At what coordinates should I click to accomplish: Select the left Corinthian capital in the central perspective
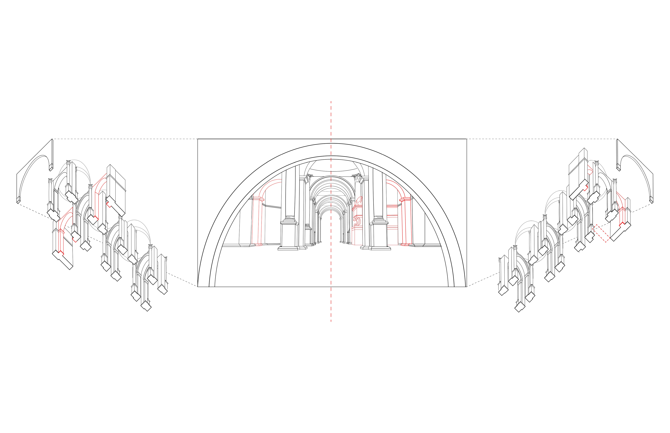click(x=309, y=178)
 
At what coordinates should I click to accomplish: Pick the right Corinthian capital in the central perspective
click(x=357, y=178)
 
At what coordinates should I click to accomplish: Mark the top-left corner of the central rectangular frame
click(x=198, y=139)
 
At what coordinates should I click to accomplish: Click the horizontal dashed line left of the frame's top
click(x=124, y=139)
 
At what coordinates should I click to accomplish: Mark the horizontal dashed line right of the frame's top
click(x=541, y=139)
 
